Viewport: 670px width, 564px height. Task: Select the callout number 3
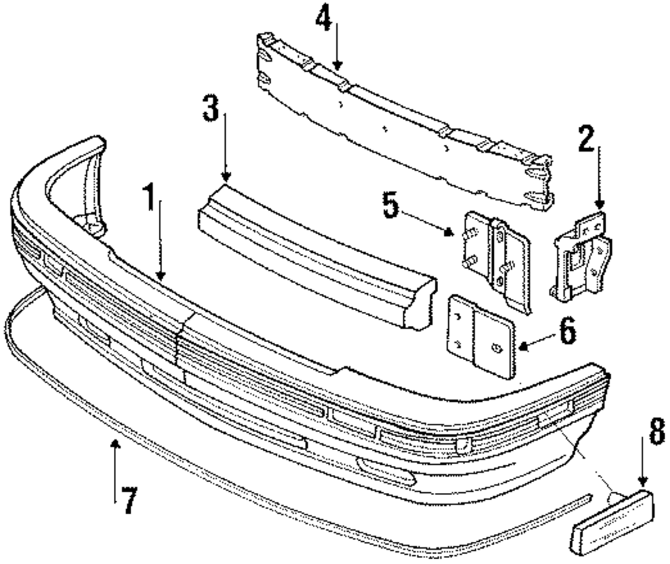pyautogui.click(x=212, y=109)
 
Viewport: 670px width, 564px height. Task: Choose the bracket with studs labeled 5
pyautogui.click(x=496, y=258)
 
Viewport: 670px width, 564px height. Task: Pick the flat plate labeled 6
pyautogui.click(x=479, y=339)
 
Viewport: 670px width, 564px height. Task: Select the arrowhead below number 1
pyautogui.click(x=160, y=274)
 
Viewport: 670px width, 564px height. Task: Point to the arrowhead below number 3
pyautogui.click(x=226, y=178)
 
